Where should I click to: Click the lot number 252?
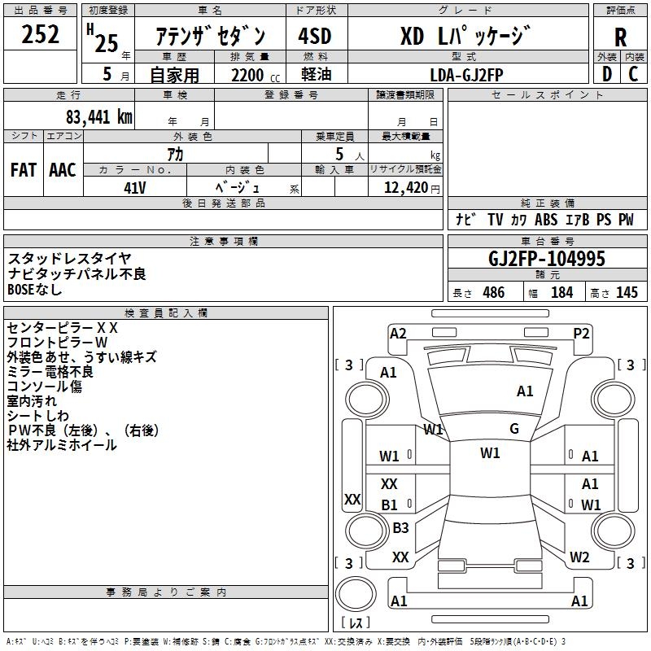point(40,35)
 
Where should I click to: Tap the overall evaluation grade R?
point(620,37)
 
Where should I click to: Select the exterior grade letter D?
point(607,73)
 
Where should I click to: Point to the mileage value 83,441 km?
point(91,116)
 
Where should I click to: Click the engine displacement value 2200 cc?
point(250,74)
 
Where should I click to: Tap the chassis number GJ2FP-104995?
point(546,259)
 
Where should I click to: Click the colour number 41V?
point(134,186)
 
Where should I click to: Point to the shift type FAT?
point(24,169)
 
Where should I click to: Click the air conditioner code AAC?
point(63,169)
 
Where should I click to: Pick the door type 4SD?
point(315,37)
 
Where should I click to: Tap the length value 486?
point(492,293)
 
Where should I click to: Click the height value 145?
point(627,293)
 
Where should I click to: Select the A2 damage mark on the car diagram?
point(398,333)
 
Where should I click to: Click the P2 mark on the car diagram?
point(581,333)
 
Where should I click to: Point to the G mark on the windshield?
point(513,429)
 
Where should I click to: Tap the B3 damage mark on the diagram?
point(400,528)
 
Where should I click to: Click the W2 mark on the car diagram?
point(579,557)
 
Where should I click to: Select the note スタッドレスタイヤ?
point(69,259)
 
